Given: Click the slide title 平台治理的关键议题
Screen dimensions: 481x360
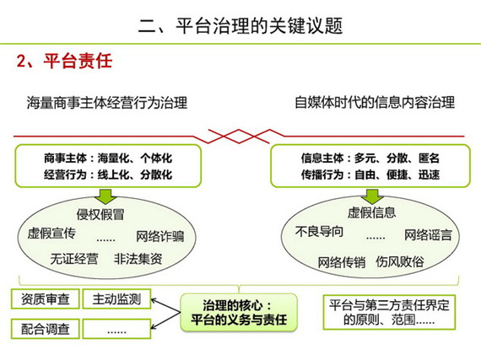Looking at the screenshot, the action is coord(259,25).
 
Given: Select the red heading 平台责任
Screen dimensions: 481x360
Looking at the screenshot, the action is coord(78,61).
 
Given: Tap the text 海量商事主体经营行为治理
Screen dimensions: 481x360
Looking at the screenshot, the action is coord(107,103).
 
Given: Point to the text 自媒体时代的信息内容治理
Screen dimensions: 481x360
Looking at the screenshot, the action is coord(375,102).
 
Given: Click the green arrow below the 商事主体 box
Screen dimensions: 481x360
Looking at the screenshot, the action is coord(105,196).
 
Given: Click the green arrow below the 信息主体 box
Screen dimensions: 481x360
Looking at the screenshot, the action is coord(372,196).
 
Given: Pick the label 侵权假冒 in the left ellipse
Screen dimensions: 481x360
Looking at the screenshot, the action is coord(100,214).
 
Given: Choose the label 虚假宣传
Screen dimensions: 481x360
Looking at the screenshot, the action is coord(51,234).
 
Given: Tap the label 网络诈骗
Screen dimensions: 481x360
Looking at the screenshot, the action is coord(160,236).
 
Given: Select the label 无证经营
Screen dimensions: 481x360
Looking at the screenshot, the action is coord(74,259).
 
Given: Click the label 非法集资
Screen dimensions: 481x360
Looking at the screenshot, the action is coord(138,259).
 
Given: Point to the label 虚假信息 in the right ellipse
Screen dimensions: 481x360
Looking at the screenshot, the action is coord(371,212).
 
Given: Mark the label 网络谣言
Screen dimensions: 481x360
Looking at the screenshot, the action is coord(428,235).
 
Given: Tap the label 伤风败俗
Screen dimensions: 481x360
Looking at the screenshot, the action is coord(400,261).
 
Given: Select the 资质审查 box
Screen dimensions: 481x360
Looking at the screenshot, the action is coord(46,299).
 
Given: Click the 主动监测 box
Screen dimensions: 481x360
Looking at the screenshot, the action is coord(117,299).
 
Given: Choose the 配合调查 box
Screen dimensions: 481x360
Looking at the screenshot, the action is coord(46,329).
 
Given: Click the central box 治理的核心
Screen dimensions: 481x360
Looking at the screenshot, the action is coord(239,313).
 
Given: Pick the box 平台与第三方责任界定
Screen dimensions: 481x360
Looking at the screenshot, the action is coord(389,312).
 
